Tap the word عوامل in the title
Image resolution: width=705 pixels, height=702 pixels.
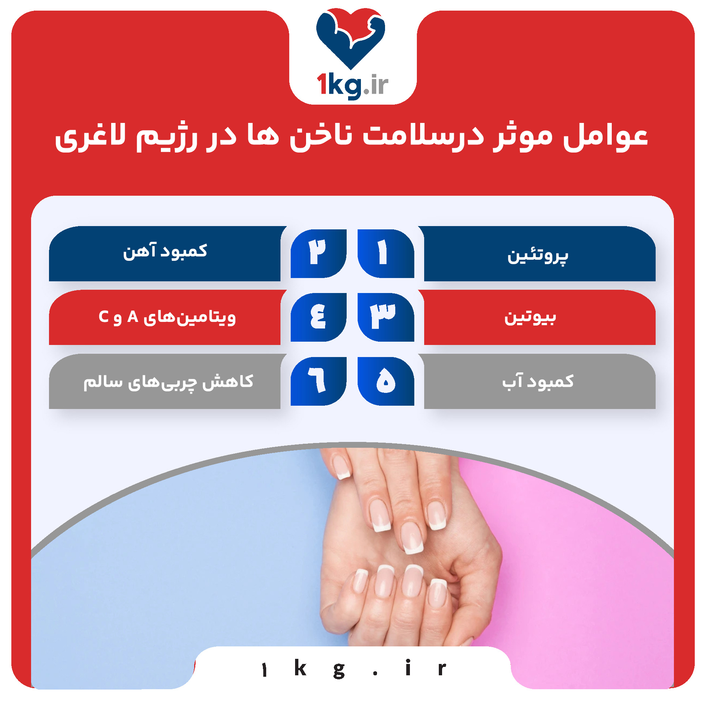(605, 137)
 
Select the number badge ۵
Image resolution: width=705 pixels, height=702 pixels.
(386, 381)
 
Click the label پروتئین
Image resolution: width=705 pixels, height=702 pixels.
(538, 255)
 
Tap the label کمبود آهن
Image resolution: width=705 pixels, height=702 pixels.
(165, 252)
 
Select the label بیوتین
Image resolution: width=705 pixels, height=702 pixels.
(530, 317)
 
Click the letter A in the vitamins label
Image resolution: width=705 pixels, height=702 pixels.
(132, 317)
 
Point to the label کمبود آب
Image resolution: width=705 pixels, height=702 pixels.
(538, 382)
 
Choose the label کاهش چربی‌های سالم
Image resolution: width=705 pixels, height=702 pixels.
(168, 382)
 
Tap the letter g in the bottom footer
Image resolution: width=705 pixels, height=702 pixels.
(339, 669)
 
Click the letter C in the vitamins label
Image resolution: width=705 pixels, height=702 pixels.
(103, 317)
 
